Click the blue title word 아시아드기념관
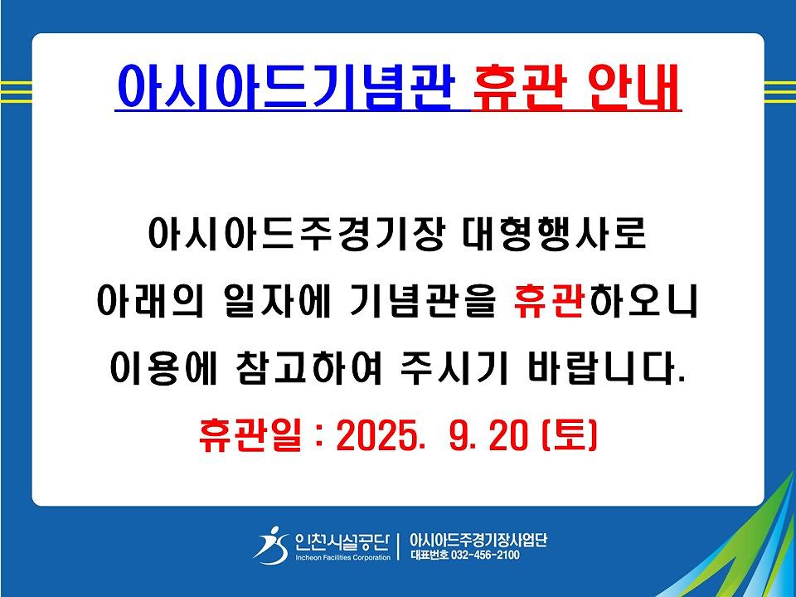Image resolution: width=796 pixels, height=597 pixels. pyautogui.click(x=284, y=85)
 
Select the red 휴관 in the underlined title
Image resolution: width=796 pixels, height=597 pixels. pyautogui.click(x=517, y=86)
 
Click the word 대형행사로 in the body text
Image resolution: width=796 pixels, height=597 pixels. pyautogui.click(x=555, y=235)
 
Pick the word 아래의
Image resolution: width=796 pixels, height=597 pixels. pyautogui.click(x=150, y=302)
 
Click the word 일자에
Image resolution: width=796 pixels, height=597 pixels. pyautogui.click(x=277, y=302)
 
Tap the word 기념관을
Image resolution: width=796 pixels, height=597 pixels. pyautogui.click(x=422, y=302)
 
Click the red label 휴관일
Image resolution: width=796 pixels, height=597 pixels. pyautogui.click(x=250, y=435)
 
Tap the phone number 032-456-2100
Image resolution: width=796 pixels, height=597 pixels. pyautogui.click(x=485, y=555)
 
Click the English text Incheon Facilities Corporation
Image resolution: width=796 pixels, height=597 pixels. pyautogui.click(x=343, y=557)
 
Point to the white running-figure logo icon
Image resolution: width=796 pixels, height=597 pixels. pyautogui.click(x=271, y=546)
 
